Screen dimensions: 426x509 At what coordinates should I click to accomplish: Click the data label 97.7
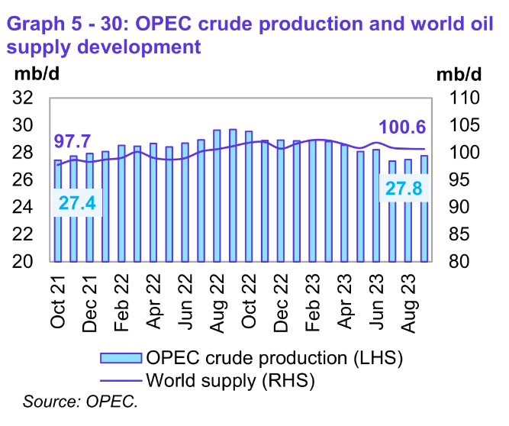[72, 142]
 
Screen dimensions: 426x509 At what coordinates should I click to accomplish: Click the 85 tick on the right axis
[458, 234]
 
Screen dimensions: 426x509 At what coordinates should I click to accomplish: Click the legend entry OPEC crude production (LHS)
[252, 358]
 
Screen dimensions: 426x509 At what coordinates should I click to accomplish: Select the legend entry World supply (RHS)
[229, 379]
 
